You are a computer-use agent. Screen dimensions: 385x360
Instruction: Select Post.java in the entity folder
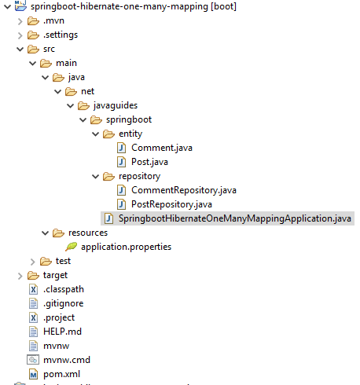click(x=149, y=162)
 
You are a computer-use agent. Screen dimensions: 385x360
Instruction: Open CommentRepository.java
click(x=183, y=190)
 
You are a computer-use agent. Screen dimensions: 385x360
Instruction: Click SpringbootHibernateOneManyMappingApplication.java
click(x=235, y=218)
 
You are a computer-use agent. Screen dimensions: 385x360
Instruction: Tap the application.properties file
click(x=126, y=247)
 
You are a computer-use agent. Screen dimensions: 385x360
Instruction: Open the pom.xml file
click(x=63, y=374)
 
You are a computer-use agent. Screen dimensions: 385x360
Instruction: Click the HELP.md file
click(x=62, y=332)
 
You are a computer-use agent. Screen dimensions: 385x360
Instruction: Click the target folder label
click(x=55, y=275)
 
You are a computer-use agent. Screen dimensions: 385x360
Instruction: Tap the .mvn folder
click(x=53, y=20)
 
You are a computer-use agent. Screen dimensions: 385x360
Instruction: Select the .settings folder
click(x=60, y=35)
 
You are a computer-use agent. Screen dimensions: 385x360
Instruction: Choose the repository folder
click(x=139, y=176)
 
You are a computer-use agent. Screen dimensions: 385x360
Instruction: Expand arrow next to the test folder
click(x=32, y=261)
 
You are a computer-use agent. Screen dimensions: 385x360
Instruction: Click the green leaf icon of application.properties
click(x=70, y=247)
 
